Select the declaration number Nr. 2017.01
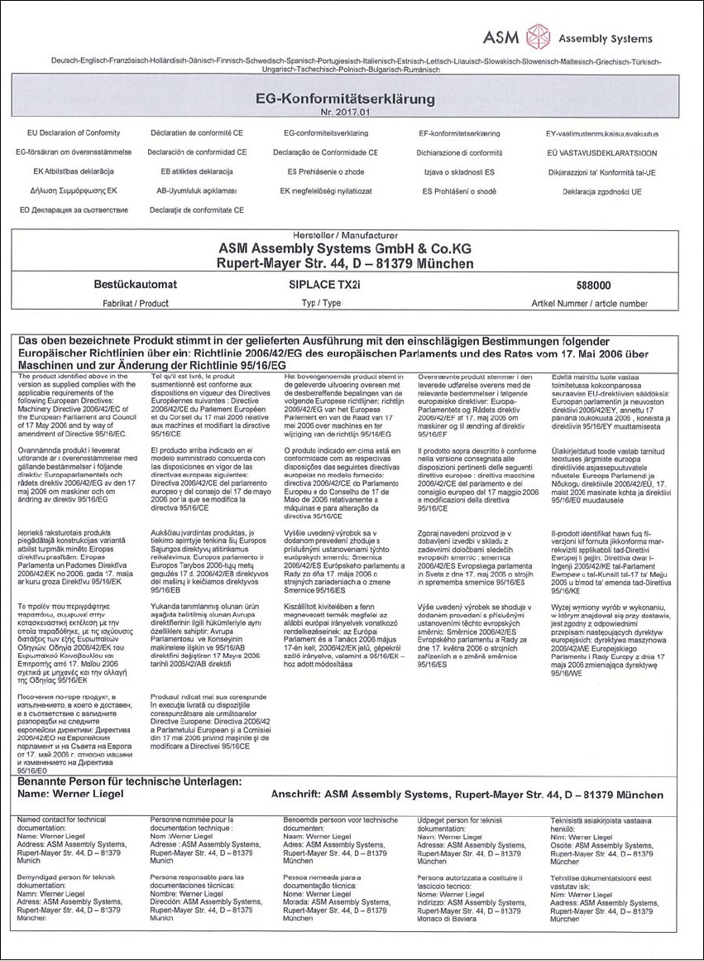(345, 111)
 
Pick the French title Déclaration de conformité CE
(197, 132)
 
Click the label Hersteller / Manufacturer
(345, 236)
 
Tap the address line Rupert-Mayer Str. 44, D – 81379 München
(345, 264)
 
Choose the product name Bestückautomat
(135, 285)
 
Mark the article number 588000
(588, 285)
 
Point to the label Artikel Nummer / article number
(588, 304)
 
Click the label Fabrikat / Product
(135, 304)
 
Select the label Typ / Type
(323, 304)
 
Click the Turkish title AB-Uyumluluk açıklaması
(196, 191)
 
